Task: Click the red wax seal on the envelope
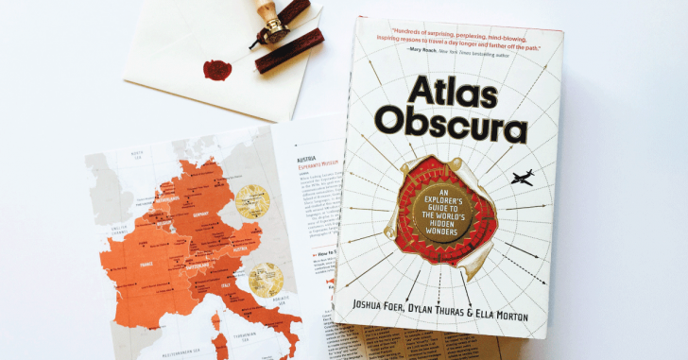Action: (218, 70)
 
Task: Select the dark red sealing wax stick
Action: (289, 43)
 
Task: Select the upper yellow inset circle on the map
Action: (250, 200)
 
